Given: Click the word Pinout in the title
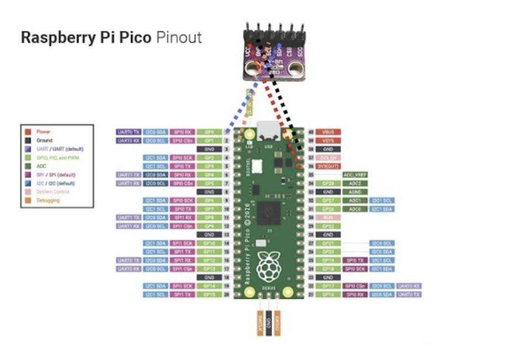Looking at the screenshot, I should [x=179, y=38].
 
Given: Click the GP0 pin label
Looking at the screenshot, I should [x=209, y=132].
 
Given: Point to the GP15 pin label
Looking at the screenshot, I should [x=209, y=294].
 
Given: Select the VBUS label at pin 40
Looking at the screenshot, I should [x=328, y=132].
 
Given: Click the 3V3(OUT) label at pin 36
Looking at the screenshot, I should [x=328, y=166].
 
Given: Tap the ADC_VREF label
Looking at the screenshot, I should [x=355, y=174].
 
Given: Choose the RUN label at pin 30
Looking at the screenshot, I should [x=328, y=218].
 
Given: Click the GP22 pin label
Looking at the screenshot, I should [x=328, y=226].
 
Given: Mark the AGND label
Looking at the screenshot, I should [x=355, y=192].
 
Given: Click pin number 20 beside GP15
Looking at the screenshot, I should [x=227, y=294].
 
